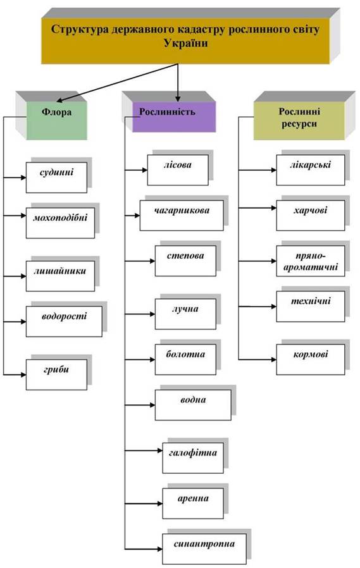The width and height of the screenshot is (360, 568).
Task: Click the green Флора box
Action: pos(57,120)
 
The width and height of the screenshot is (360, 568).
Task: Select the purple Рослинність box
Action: pos(174,116)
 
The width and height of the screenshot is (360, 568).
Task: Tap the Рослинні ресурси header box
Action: pos(299,121)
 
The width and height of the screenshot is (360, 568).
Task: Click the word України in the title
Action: pos(186,43)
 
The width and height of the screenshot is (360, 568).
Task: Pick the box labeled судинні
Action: pos(56,178)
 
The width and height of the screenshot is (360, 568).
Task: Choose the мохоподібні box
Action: pos(61,223)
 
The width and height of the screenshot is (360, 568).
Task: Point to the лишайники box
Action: pos(61,276)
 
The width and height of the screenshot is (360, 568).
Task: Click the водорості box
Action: pos(64,321)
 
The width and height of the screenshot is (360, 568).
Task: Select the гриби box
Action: pos(56,374)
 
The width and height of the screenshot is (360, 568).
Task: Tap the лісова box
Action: pos(178,170)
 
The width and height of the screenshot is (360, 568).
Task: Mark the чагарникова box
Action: pos(182,215)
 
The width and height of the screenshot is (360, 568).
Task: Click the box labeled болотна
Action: pos(186,359)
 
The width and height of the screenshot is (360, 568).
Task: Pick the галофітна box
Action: pos(193,458)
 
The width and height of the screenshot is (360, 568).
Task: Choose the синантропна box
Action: pos(204,549)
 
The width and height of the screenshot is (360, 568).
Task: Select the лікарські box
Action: pos(311,170)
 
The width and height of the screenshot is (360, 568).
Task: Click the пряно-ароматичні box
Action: pos(311,261)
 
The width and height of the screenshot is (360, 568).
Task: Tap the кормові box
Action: pos(311,359)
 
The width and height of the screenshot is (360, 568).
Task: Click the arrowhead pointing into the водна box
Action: pos(152,405)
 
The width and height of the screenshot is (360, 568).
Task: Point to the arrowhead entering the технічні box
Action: pos(274,307)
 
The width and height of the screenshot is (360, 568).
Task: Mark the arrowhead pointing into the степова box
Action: pos(152,261)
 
